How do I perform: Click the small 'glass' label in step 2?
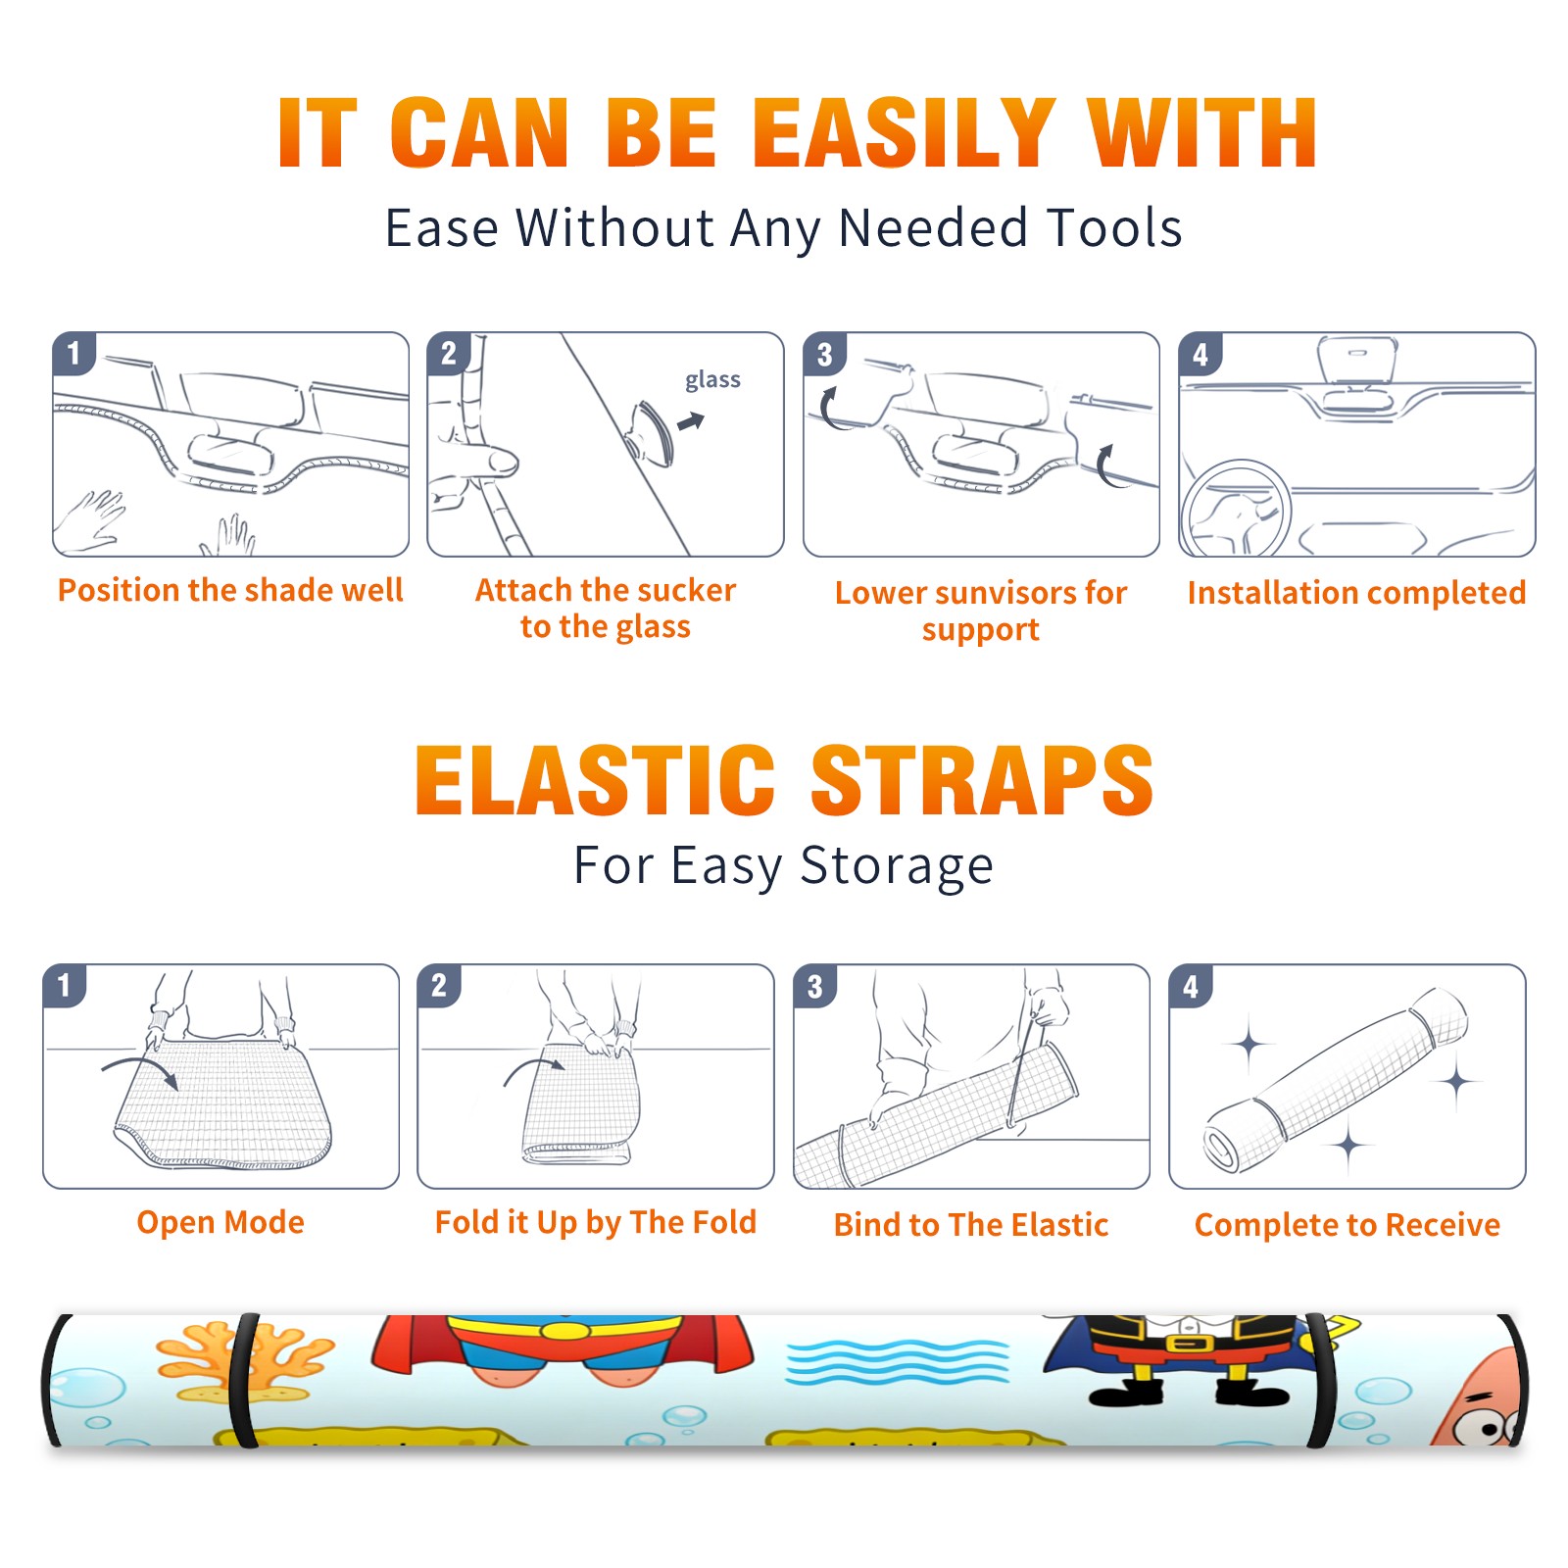712,380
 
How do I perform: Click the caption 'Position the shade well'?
230,590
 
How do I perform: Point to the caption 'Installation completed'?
1356,592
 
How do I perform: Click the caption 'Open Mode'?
220,1222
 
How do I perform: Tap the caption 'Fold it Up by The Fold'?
596,1222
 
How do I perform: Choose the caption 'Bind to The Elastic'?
971,1225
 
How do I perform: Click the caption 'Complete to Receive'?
1347,1225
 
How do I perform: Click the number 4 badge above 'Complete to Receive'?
1191,986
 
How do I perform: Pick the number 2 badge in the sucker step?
449,353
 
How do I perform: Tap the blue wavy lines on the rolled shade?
897,1362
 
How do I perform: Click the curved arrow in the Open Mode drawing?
140,1069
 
